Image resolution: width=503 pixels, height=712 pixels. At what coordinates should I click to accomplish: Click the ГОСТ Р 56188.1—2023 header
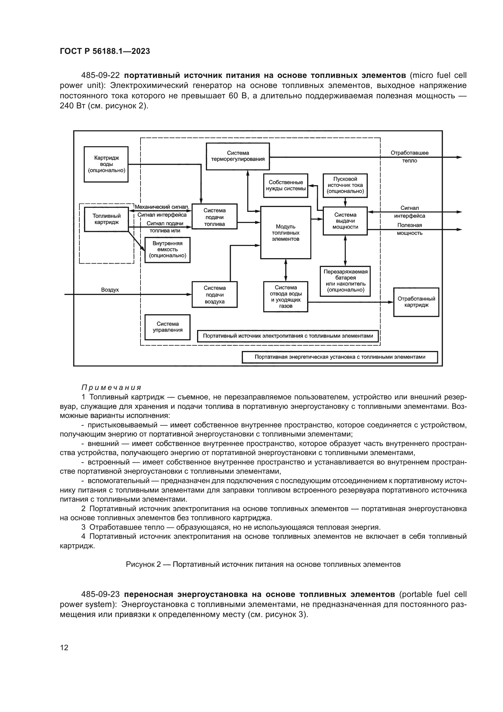(105, 51)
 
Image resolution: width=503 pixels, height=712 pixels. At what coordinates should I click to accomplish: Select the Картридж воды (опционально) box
(106, 164)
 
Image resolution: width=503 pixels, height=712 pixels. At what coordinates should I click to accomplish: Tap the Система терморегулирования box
(238, 156)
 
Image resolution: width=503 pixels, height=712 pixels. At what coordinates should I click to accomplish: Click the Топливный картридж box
(106, 219)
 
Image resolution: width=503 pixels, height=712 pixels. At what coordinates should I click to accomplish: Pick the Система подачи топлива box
(214, 217)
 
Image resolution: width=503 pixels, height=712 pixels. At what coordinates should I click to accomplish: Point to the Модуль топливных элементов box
(285, 233)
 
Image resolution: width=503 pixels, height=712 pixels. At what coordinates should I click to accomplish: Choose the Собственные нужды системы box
(286, 185)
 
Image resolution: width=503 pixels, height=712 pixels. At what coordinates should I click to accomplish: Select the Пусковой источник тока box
(345, 185)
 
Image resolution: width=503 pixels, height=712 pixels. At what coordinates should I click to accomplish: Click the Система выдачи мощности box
(345, 221)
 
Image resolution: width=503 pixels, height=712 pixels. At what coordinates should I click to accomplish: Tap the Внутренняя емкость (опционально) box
(168, 250)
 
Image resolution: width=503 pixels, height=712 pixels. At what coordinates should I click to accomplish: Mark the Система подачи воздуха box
(214, 295)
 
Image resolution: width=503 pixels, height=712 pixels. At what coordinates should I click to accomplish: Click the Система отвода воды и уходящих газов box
(286, 296)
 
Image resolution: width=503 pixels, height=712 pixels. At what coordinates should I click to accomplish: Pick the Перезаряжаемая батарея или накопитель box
(345, 281)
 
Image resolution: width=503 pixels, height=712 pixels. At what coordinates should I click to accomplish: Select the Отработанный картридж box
(416, 302)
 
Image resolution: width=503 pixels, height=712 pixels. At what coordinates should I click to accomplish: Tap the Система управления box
(168, 327)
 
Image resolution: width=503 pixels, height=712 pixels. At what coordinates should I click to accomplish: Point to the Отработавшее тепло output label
(409, 156)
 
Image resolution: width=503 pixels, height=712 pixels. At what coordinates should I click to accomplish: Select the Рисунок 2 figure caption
(263, 564)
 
